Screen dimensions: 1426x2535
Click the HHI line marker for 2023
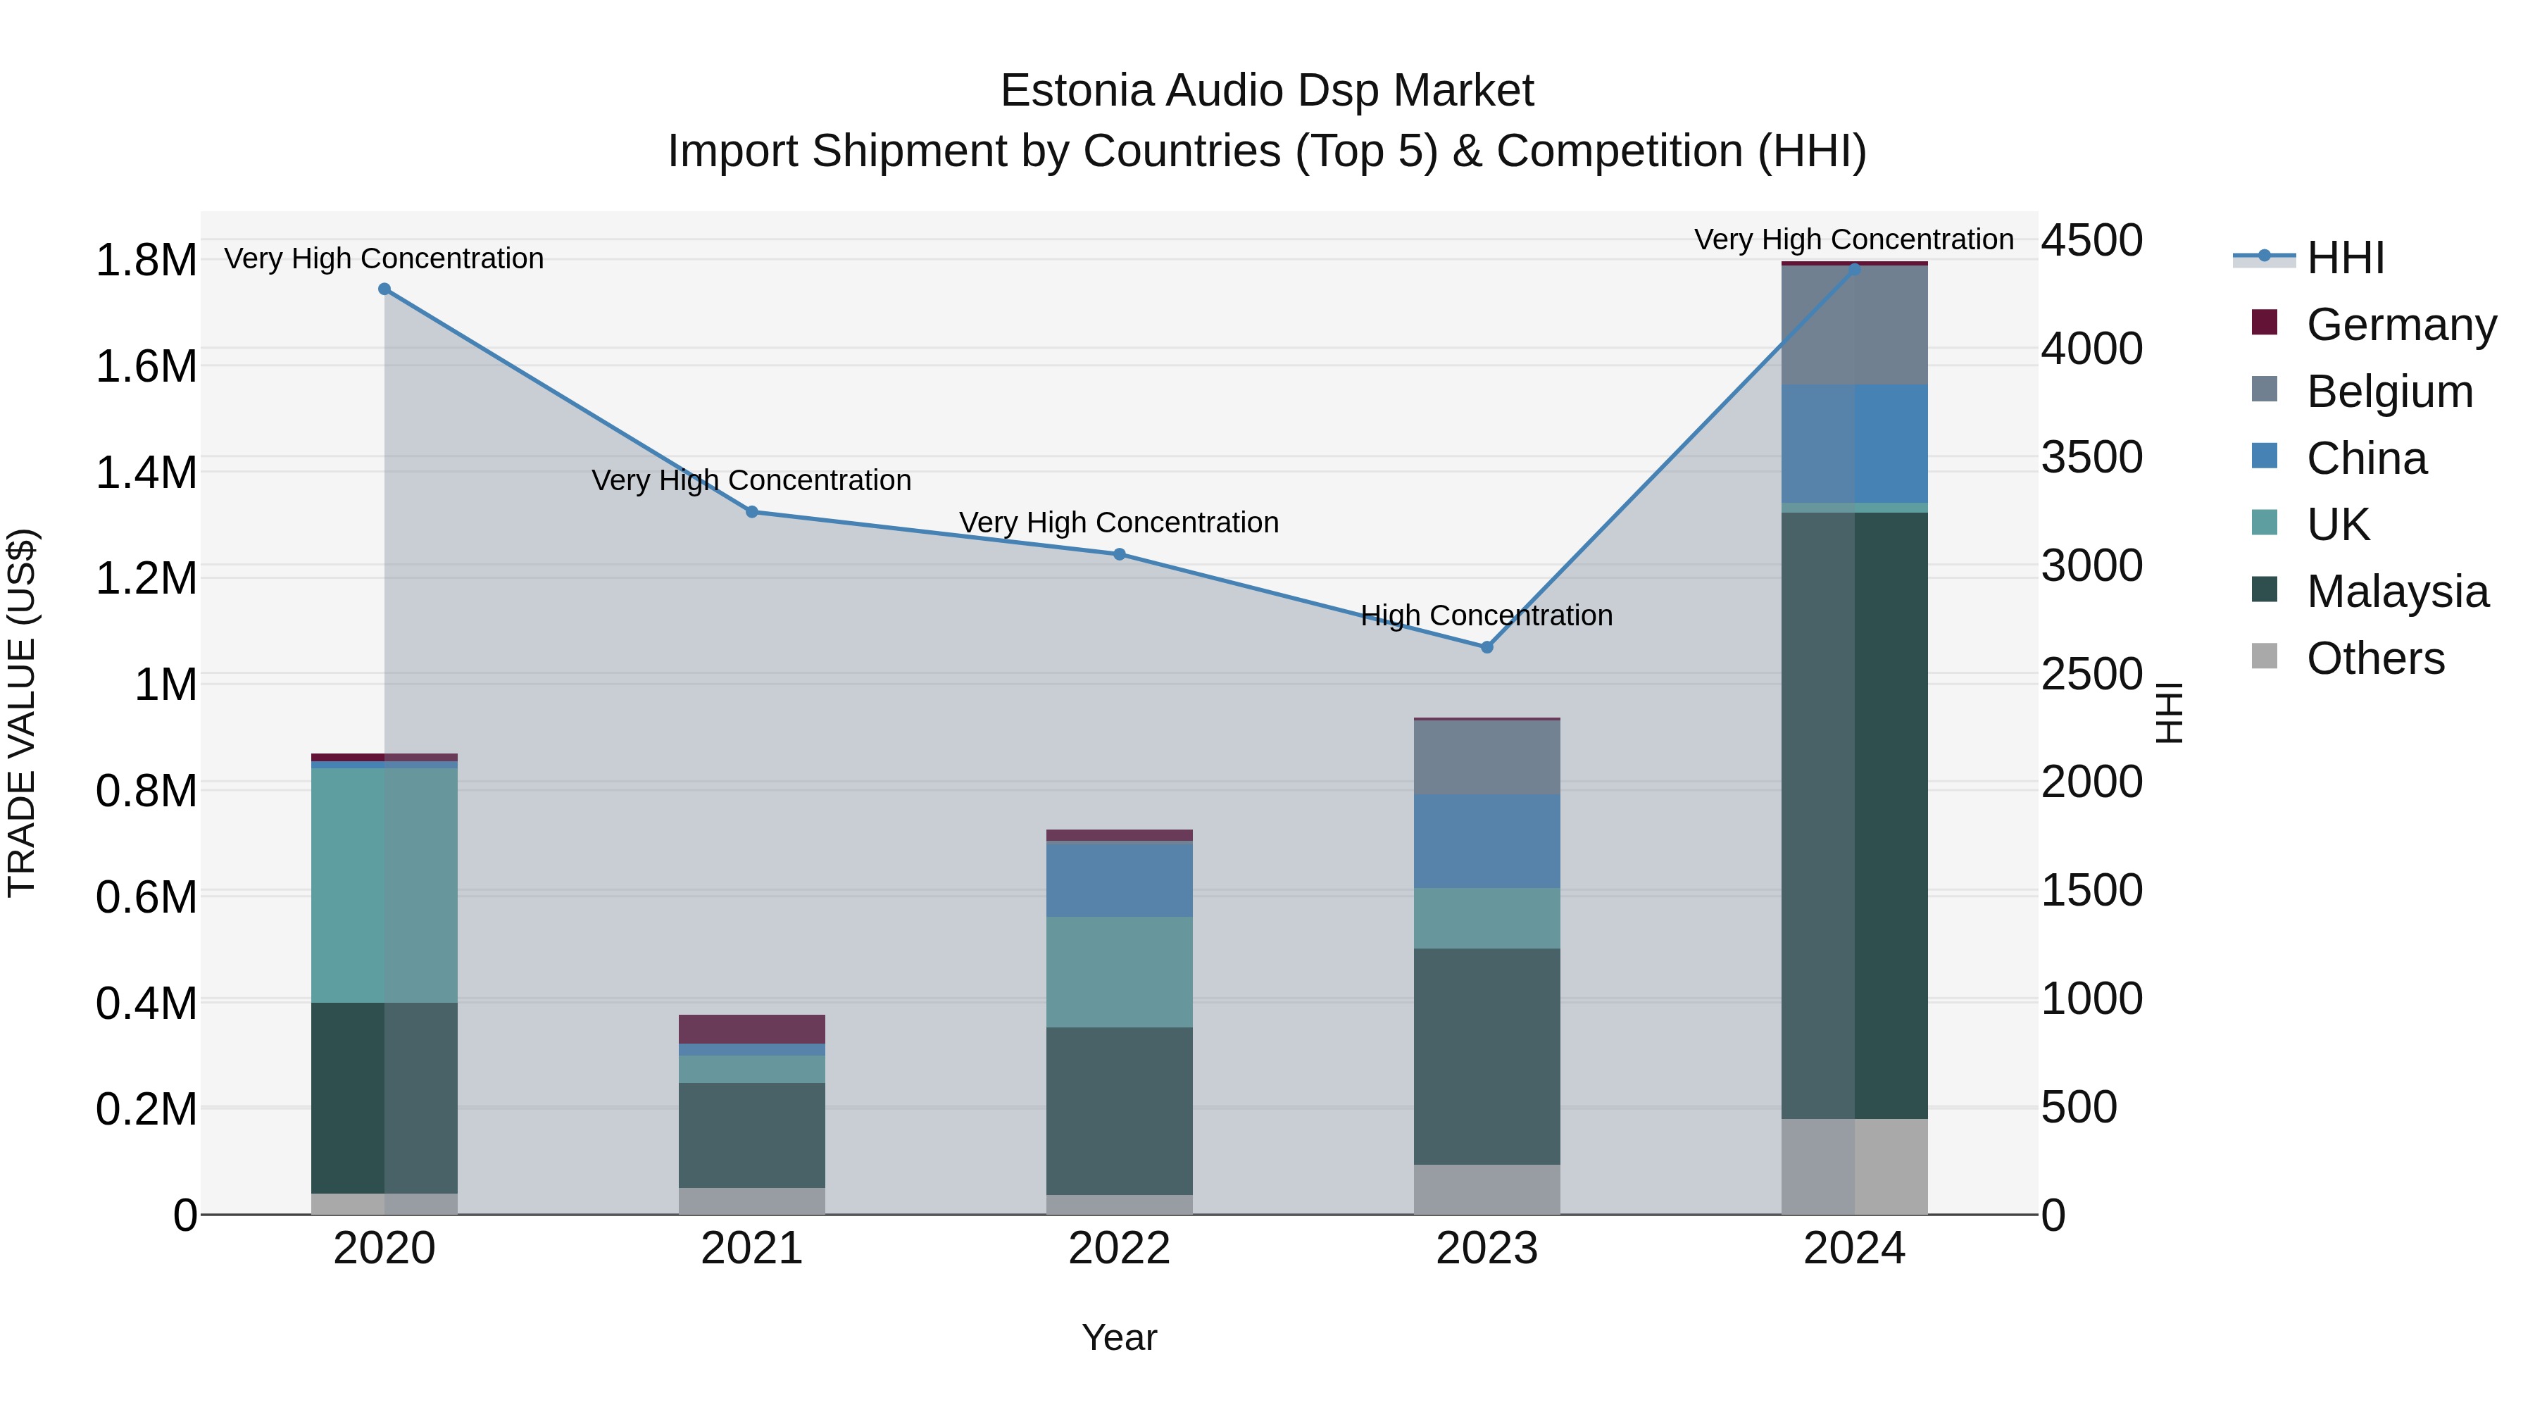pos(1486,648)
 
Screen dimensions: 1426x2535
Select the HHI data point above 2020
pos(384,289)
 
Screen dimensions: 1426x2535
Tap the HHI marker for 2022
pos(1119,554)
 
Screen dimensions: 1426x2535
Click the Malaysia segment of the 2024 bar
pos(1854,815)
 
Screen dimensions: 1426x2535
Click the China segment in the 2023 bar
pos(1486,842)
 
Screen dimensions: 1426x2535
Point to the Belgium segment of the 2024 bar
pos(1854,325)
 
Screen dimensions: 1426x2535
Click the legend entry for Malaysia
pos(2397,592)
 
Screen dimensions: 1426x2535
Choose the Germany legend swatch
pos(2265,323)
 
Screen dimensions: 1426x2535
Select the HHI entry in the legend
pos(2345,258)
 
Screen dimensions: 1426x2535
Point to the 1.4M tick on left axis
pos(146,473)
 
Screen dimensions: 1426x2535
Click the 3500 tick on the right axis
pos(2091,458)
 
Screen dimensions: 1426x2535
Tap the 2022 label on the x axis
pos(1119,1249)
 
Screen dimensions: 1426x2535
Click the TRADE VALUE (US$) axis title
pos(22,713)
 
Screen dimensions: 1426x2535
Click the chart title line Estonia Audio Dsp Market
pos(1267,91)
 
